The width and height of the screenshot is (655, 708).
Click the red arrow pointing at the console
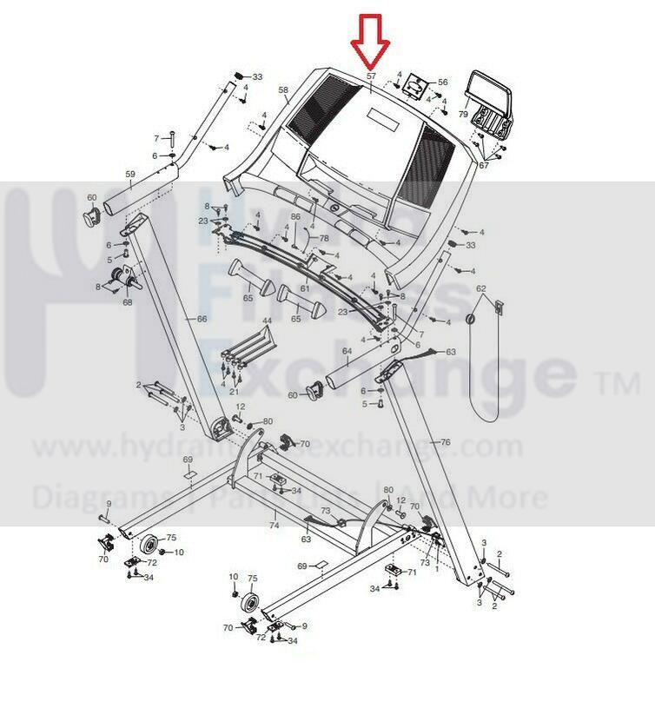370,42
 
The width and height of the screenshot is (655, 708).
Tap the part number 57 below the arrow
371,77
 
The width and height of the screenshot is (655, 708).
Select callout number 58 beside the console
282,89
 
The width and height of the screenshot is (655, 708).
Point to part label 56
443,82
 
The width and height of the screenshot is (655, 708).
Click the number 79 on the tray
463,114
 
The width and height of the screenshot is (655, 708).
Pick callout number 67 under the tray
484,165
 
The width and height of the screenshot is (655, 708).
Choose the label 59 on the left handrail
130,175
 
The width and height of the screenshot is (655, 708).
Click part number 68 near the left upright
127,302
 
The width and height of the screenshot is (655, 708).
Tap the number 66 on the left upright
202,320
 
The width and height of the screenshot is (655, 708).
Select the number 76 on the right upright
446,442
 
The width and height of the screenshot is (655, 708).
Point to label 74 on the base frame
274,526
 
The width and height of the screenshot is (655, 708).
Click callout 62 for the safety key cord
480,288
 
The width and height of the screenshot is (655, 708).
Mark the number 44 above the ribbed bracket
267,321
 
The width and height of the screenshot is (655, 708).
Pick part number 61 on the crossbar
305,288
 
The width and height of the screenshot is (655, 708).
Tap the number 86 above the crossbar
295,216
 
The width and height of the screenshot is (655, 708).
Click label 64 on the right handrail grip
346,351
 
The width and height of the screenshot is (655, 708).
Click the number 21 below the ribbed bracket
234,392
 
